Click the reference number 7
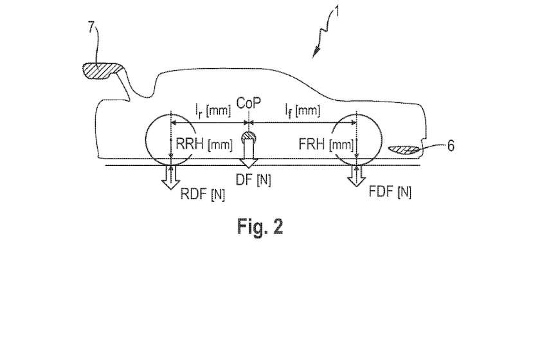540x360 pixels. [x=91, y=27]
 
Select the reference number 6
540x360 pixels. [x=451, y=146]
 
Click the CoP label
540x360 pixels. [x=248, y=103]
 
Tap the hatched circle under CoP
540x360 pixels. [x=248, y=136]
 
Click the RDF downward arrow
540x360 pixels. [x=171, y=177]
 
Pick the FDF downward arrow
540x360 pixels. [x=356, y=175]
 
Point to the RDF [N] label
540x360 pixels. [x=203, y=195]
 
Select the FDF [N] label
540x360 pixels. [x=390, y=192]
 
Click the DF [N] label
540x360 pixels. [x=253, y=179]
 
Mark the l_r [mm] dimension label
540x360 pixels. [x=213, y=110]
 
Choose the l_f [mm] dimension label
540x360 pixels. [x=302, y=110]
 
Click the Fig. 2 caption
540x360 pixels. [x=260, y=227]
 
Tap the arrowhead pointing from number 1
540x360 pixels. [x=316, y=53]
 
